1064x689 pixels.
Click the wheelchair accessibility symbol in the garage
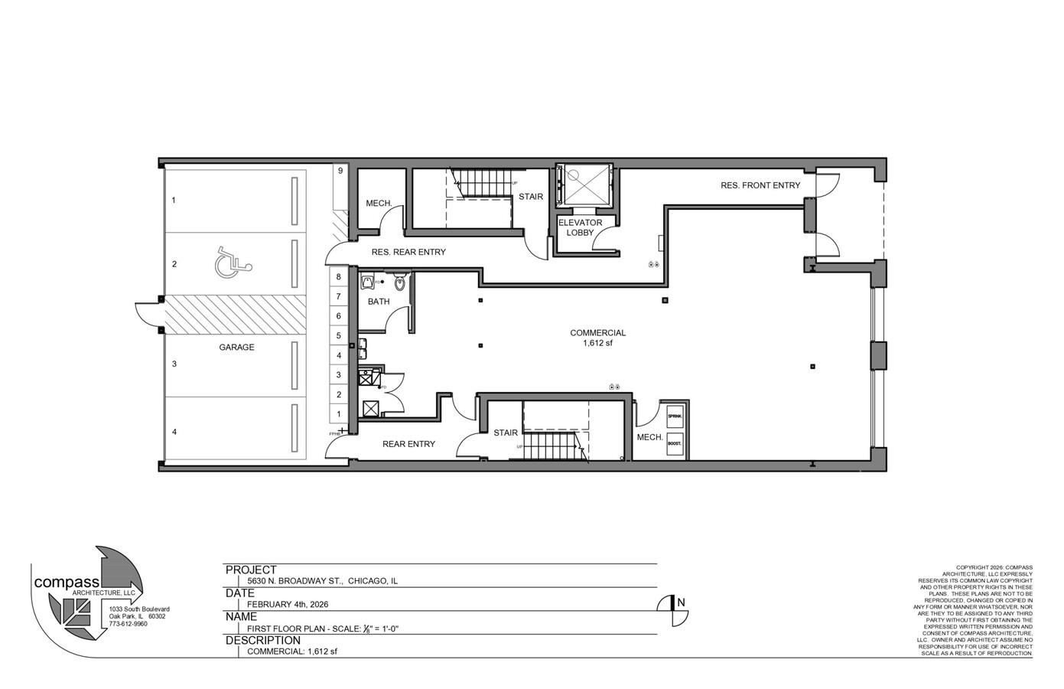232,263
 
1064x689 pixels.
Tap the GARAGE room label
236,348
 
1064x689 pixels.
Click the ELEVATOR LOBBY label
580,227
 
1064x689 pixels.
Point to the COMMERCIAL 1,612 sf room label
597,338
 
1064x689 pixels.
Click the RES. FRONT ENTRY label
760,185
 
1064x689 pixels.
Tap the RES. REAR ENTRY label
408,252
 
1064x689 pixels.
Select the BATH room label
379,302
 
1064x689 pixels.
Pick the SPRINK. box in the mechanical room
675,416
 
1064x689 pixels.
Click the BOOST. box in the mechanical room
675,443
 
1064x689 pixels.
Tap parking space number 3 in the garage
174,364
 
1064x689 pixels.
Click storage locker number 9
340,171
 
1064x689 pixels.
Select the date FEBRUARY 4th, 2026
288,604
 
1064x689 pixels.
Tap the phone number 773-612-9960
128,624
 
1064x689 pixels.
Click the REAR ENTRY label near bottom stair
408,444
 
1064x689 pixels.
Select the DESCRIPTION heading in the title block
262,640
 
